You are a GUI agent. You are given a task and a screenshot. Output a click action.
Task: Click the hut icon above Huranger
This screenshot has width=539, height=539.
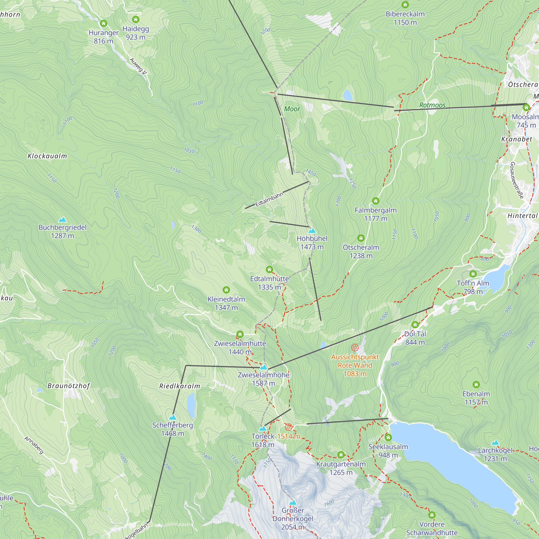click(103, 23)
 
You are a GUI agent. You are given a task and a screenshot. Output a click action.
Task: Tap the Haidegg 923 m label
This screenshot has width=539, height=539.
click(136, 33)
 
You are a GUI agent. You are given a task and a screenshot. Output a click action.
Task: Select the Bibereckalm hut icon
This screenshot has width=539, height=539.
click(405, 5)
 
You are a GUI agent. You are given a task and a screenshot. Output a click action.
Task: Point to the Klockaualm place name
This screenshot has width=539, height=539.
click(47, 156)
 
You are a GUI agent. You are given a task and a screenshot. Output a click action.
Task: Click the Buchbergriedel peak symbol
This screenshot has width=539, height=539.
click(63, 220)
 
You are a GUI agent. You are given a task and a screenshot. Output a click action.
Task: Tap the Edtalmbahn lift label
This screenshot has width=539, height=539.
click(269, 199)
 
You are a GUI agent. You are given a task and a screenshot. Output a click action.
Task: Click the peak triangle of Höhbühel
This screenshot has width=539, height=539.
click(312, 231)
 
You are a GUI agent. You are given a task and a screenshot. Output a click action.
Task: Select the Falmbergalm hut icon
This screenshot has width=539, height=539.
click(375, 201)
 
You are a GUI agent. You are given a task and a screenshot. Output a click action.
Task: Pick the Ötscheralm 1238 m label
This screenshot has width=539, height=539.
click(361, 251)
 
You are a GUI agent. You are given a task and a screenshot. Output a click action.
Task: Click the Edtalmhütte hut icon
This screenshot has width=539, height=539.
click(269, 269)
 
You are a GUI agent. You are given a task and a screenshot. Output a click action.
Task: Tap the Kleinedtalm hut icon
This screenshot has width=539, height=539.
click(226, 290)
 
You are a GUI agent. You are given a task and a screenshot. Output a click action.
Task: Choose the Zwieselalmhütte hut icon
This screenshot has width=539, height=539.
click(240, 334)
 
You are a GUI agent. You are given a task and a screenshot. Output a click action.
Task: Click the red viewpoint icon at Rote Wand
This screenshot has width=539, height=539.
click(355, 348)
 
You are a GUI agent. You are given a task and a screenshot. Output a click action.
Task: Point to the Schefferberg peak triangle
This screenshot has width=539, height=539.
click(173, 417)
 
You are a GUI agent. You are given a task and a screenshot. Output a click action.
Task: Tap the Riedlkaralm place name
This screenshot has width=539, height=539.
click(180, 386)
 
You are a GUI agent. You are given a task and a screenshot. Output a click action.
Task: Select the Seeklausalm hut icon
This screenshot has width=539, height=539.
click(388, 437)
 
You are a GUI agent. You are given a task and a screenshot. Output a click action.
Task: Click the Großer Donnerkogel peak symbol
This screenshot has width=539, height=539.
click(293, 502)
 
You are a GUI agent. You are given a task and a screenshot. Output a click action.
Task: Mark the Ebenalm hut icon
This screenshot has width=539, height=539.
click(476, 385)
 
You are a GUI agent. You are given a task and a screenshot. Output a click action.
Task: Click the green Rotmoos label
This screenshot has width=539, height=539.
click(432, 105)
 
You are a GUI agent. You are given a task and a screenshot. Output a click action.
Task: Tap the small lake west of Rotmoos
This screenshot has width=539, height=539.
click(347, 95)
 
